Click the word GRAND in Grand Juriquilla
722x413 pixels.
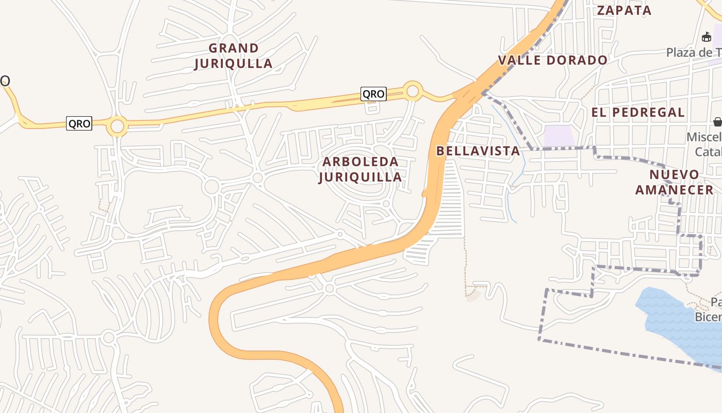pos(234,48)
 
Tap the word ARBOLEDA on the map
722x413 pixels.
pos(360,162)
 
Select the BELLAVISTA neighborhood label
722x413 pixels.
pos(478,151)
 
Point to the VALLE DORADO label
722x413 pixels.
pos(552,60)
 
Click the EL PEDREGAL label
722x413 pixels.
pos(638,113)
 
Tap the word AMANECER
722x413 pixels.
pos(674,189)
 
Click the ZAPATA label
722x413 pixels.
pos(624,10)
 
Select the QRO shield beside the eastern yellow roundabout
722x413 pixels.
pos(373,94)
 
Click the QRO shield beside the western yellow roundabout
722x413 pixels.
pos(79,124)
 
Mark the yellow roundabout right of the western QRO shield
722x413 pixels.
pos(118,126)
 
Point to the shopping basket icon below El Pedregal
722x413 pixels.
pos(717,122)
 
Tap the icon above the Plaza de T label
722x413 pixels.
pos(707,37)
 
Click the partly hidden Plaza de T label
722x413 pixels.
pos(694,53)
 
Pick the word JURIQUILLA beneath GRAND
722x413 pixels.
pos(233,63)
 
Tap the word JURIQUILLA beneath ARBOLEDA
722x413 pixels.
pos(360,177)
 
